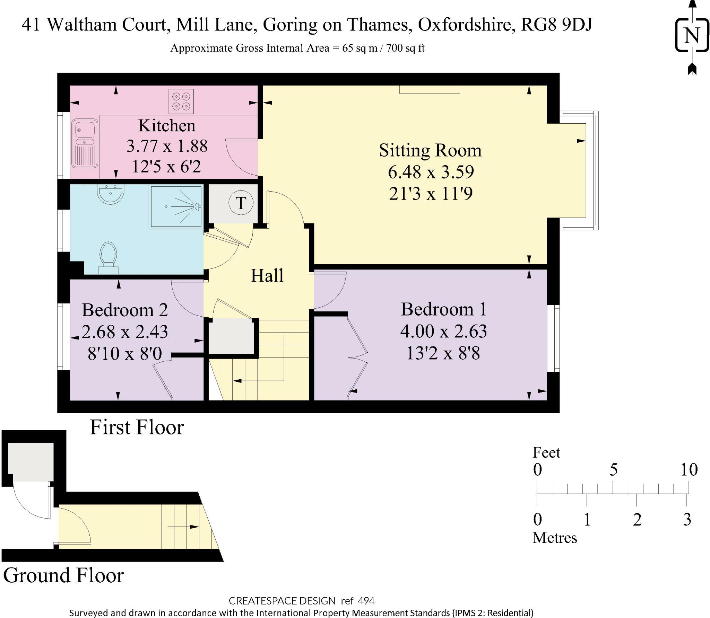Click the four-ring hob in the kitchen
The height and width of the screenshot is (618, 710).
pos(181,101)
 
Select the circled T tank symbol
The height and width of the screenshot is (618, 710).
pos(241,203)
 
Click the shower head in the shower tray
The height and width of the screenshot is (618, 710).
pos(197,206)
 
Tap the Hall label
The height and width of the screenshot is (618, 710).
pos(267,276)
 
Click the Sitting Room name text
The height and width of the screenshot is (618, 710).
pos(430,150)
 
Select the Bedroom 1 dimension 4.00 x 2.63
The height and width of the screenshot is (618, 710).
pos(443,331)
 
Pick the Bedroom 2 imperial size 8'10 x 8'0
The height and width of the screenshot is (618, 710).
pos(125,354)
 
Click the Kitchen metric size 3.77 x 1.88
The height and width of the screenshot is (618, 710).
pos(167,146)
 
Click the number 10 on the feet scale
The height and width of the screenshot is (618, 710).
pos(689,470)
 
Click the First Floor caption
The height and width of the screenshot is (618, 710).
pos(137,427)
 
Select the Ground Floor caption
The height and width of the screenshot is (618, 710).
pos(63,575)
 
